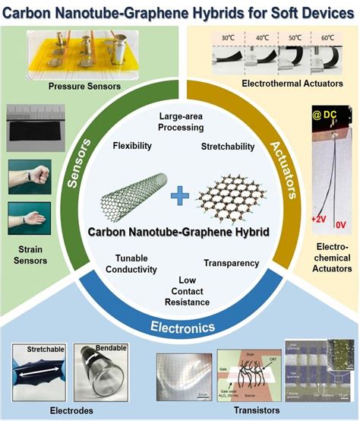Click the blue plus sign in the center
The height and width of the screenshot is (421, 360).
point(179,198)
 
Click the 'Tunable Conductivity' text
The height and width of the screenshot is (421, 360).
point(136,264)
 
